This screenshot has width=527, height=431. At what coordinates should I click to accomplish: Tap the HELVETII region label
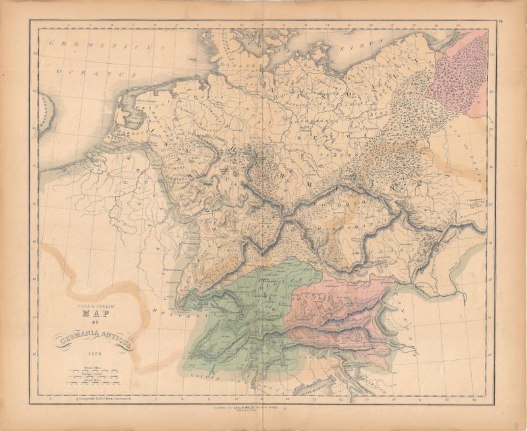165,309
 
